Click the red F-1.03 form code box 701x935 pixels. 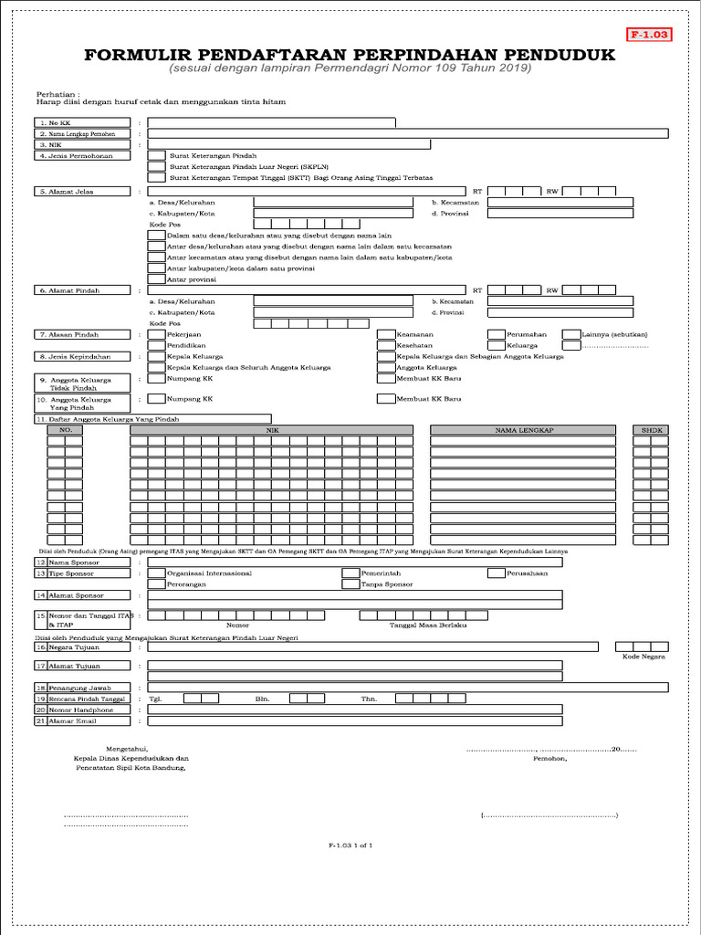[649, 35]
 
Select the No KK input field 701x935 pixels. [271, 121]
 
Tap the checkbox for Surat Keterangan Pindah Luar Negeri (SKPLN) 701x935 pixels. [156, 167]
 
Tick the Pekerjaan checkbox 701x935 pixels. [156, 334]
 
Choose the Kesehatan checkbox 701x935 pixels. [386, 346]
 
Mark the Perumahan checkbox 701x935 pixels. [496, 334]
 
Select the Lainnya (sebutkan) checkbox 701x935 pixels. [570, 334]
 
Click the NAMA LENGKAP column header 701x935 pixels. [525, 429]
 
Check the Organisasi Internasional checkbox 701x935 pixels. [156, 573]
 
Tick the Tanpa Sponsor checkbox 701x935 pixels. [350, 583]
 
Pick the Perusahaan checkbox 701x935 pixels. [496, 573]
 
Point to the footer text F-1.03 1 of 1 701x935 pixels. [350, 846]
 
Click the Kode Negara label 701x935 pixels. [643, 657]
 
